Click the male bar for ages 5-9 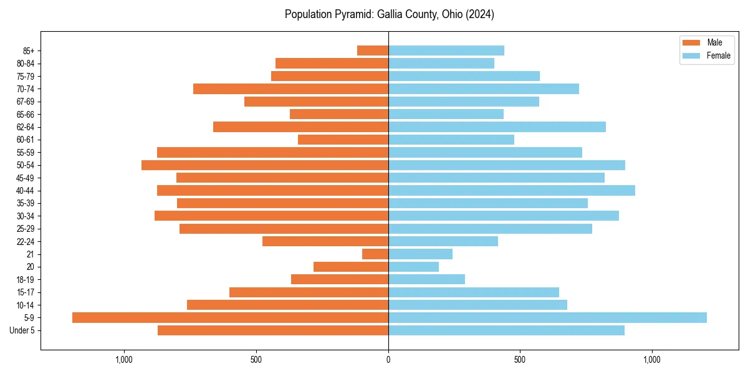click(230, 318)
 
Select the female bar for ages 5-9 click(547, 318)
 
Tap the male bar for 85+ click(373, 50)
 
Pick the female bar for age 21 click(420, 254)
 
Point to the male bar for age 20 click(351, 267)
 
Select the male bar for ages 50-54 click(265, 165)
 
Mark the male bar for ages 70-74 click(290, 89)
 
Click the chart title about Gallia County click(389, 14)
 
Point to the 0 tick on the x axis click(388, 360)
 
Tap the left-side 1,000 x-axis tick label click(125, 360)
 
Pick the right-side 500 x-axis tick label click(520, 360)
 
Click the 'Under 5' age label click(22, 330)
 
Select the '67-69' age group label click(26, 102)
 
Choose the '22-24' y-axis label click(26, 242)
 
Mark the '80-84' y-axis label click(26, 64)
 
